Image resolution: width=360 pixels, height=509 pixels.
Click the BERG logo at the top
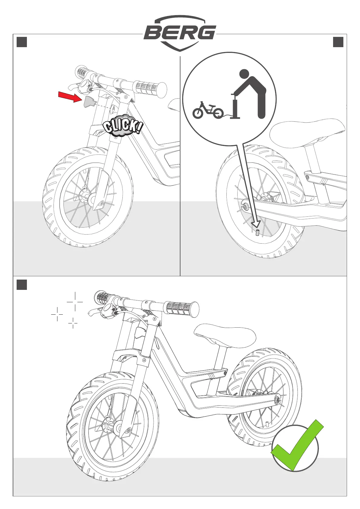[180, 33]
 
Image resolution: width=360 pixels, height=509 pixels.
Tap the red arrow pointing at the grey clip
[70, 98]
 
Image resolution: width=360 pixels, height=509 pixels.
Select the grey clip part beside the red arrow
[89, 102]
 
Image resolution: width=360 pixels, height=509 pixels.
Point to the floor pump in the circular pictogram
[235, 106]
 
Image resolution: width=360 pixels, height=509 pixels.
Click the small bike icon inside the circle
[208, 111]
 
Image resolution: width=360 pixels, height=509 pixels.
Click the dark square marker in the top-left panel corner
[22, 42]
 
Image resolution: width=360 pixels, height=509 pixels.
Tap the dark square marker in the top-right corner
[338, 42]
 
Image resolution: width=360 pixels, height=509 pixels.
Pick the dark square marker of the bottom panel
[22, 285]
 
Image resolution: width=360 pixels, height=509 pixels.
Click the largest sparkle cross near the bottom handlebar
[75, 302]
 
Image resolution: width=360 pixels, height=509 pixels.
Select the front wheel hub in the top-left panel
[92, 199]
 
